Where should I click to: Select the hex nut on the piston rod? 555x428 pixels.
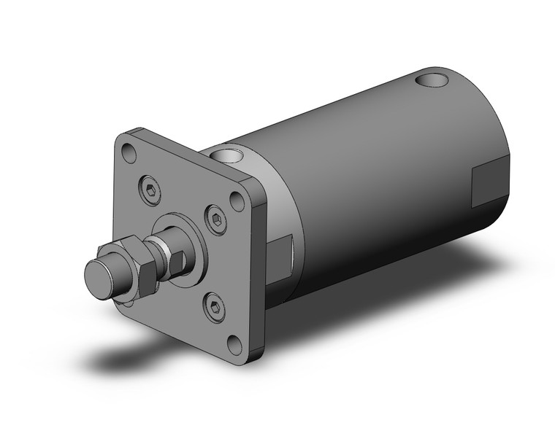tap(139, 265)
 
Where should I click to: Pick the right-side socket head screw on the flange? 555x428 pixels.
tap(217, 217)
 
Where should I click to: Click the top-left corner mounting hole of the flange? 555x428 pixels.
tap(129, 153)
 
